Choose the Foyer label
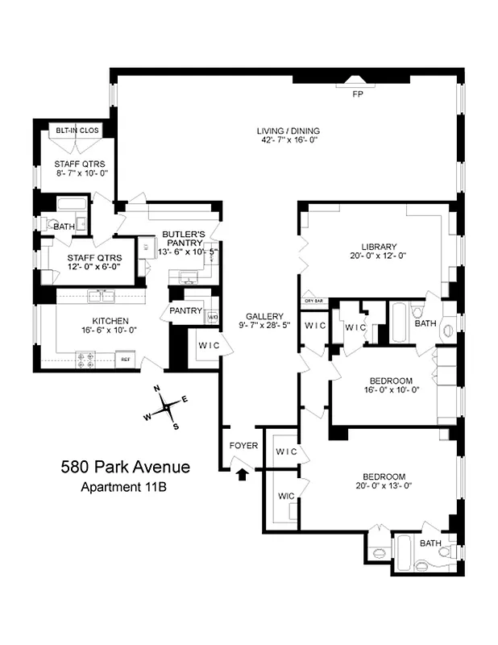[x=243, y=444]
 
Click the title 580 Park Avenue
[x=126, y=467]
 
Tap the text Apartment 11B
[x=125, y=486]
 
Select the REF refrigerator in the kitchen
[x=125, y=360]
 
